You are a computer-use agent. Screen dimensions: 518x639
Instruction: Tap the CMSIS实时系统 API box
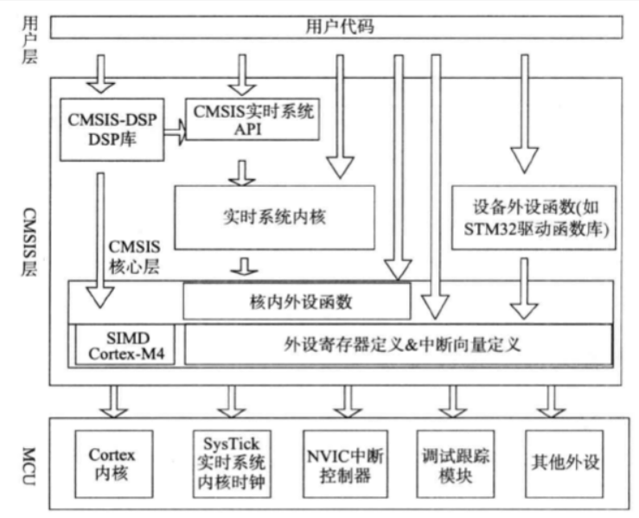pyautogui.click(x=252, y=118)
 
